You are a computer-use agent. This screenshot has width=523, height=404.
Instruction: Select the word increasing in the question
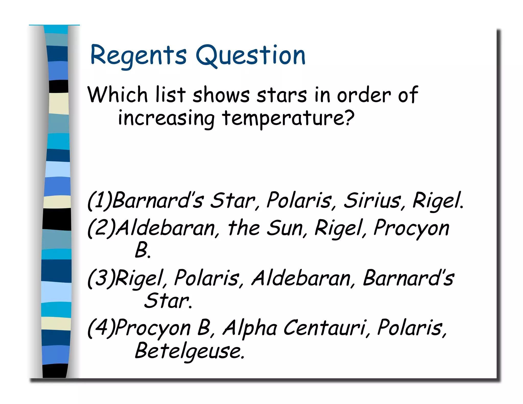point(166,119)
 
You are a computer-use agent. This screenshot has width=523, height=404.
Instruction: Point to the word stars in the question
point(282,95)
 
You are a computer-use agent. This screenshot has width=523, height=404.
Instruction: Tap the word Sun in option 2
point(285,228)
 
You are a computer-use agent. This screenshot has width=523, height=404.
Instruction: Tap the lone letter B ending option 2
point(141,250)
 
